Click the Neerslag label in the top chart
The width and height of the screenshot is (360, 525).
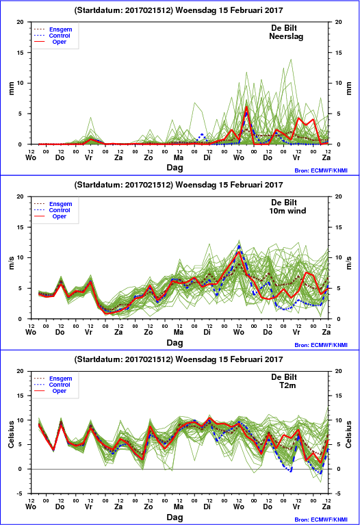[x=286, y=36]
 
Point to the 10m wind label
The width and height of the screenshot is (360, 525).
[x=287, y=211]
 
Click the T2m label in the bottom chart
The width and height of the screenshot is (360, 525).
[x=287, y=385]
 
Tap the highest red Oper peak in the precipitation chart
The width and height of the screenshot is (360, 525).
[x=246, y=107]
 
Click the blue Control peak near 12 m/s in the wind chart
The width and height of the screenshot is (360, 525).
[x=239, y=246]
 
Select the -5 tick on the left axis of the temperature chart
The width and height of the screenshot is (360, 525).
[x=20, y=494]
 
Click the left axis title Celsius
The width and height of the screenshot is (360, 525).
[x=12, y=434]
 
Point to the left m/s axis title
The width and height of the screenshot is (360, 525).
[x=12, y=263]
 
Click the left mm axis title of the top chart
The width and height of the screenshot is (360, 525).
[x=12, y=88]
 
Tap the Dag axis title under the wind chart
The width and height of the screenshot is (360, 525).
[x=175, y=342]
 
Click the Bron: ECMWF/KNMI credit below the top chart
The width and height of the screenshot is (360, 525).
[x=321, y=170]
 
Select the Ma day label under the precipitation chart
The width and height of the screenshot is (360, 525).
[x=179, y=157]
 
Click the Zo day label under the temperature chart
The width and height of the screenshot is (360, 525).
[x=149, y=507]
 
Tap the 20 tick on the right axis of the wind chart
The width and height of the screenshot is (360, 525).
[x=339, y=196]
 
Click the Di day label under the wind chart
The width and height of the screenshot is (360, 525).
[x=207, y=332]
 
